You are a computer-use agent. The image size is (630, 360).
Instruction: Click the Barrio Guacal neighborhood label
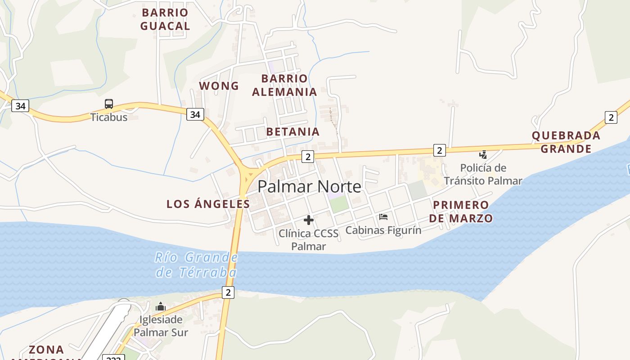tap(165, 19)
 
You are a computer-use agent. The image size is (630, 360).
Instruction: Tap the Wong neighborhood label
tap(219, 85)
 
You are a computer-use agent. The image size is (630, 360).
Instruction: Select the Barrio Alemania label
tap(284, 85)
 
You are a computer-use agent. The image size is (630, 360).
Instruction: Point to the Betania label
tap(293, 132)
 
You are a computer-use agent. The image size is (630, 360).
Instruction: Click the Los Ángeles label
tap(208, 204)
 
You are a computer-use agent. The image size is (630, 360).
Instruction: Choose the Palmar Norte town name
tap(310, 187)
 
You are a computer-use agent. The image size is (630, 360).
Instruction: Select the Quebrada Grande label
tap(566, 142)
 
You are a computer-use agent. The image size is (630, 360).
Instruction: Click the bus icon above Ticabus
tap(109, 104)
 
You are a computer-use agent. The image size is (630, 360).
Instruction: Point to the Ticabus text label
tap(109, 117)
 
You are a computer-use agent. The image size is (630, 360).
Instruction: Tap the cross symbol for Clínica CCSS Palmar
tap(308, 220)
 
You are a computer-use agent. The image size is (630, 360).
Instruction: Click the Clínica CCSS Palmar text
tap(308, 240)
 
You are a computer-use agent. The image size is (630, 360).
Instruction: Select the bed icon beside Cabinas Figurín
tap(383, 216)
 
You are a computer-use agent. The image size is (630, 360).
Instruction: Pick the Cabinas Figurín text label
tap(383, 230)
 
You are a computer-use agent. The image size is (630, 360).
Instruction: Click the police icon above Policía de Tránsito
tap(483, 155)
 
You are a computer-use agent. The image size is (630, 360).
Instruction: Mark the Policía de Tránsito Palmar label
tap(483, 175)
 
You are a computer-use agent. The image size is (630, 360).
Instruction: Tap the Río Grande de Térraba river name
tap(196, 265)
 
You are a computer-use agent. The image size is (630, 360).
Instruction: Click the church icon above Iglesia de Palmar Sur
tap(161, 307)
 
